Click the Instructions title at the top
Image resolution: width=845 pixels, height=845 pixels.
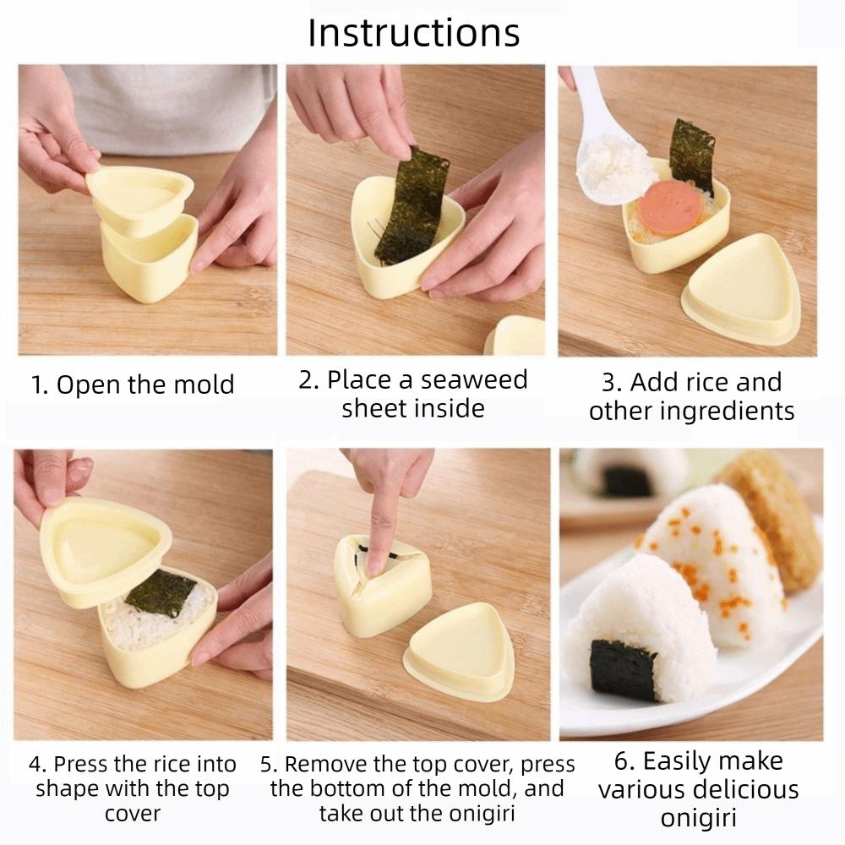coord(413,33)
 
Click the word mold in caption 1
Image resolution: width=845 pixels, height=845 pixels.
coord(203,385)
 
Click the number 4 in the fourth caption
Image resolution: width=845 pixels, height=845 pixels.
coord(35,765)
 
